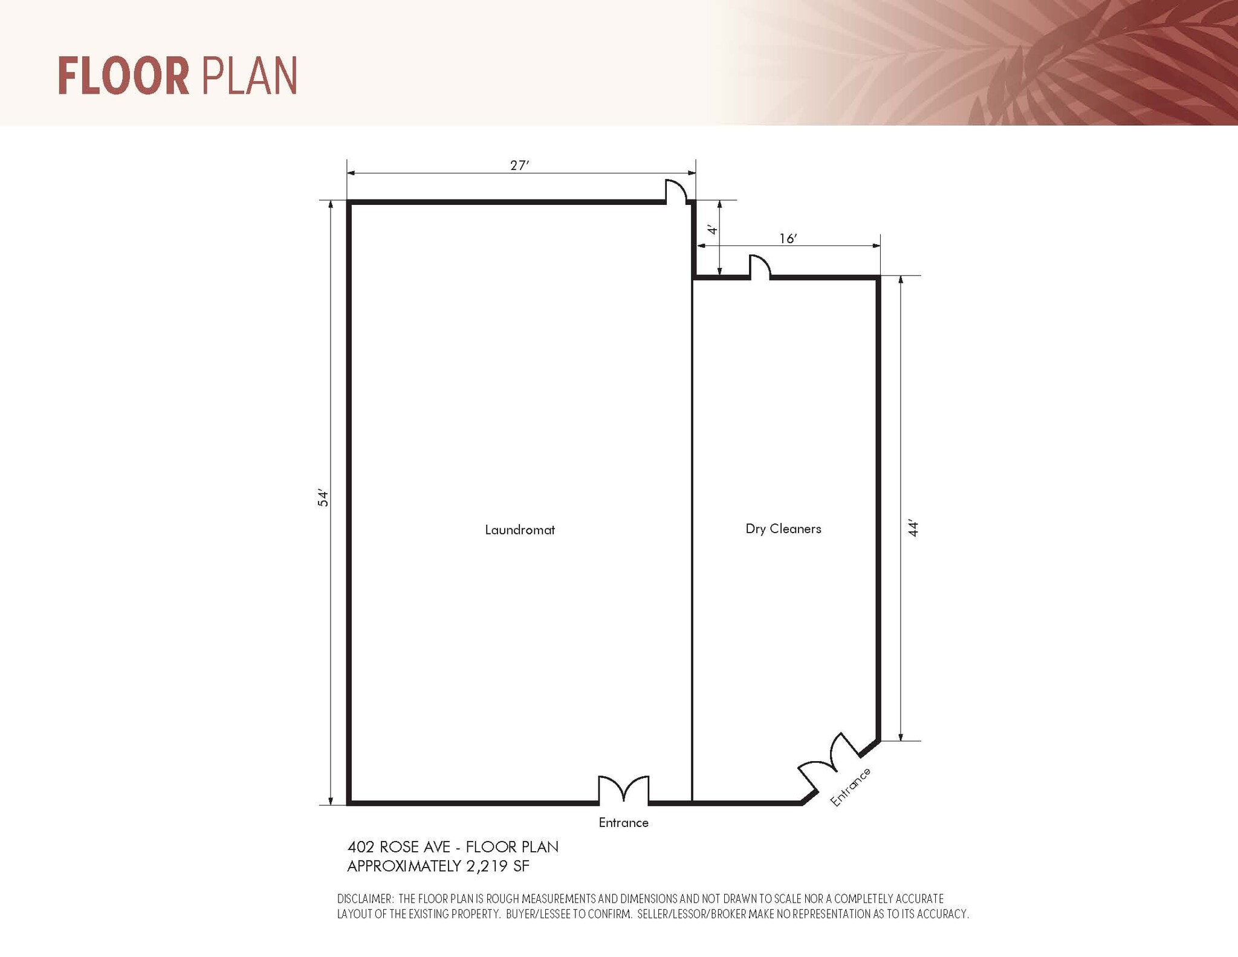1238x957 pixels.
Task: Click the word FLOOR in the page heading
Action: point(123,76)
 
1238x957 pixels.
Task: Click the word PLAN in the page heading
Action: point(248,76)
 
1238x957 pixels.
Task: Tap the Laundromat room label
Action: point(520,530)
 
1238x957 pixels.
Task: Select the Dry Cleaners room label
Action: point(783,529)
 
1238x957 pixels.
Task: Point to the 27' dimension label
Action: point(519,166)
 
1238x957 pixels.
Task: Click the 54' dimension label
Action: point(323,498)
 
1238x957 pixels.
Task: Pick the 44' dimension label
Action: point(913,528)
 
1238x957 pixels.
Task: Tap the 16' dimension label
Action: point(788,239)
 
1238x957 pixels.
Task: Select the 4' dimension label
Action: point(713,230)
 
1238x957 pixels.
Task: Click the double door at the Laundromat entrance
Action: point(623,790)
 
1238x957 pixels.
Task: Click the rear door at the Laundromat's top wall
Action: point(676,191)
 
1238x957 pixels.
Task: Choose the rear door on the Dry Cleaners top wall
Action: point(760,267)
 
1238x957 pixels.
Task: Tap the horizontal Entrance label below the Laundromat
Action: point(623,823)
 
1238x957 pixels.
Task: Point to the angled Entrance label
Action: point(851,787)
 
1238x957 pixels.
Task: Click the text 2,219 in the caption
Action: point(487,866)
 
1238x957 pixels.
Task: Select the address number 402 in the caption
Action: point(361,847)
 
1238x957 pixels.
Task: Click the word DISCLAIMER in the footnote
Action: point(365,899)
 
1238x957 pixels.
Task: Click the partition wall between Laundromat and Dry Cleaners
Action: point(692,538)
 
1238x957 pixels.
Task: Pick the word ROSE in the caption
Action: point(399,847)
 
